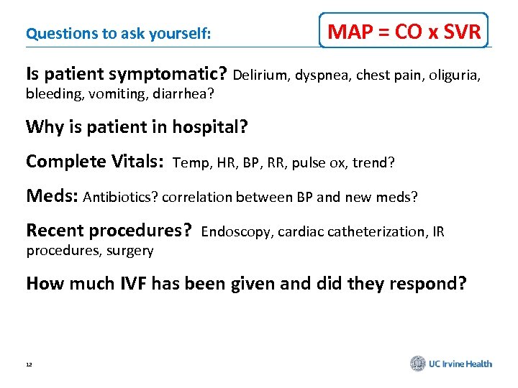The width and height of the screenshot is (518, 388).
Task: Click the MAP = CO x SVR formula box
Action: coord(404,31)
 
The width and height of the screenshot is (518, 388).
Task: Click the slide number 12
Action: coord(29,364)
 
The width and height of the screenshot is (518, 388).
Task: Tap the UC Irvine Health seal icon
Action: coord(418,364)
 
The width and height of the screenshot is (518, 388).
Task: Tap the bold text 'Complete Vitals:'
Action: coord(96,162)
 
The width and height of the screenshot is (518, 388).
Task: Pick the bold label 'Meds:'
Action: coord(53,196)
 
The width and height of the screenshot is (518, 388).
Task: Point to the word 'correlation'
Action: coord(183,197)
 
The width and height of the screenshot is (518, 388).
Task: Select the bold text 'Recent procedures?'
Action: coord(109,231)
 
